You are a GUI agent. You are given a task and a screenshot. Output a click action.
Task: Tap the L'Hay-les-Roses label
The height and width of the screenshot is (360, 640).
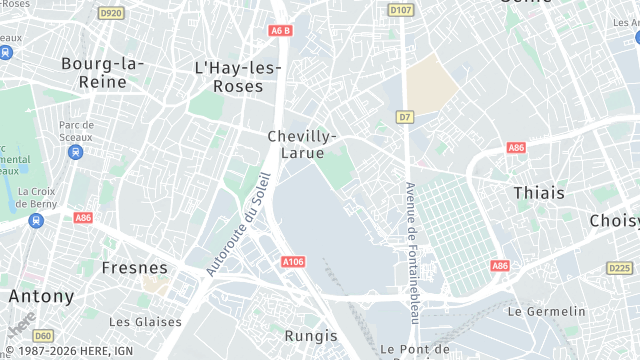237,77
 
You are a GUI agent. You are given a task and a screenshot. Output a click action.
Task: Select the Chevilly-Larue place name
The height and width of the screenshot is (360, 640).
302,144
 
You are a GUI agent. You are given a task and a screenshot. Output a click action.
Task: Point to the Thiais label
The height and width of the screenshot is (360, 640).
538,192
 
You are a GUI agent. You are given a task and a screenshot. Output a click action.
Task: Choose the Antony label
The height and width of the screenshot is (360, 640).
41,296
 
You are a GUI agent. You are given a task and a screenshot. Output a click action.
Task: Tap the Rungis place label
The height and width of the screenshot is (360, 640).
311,335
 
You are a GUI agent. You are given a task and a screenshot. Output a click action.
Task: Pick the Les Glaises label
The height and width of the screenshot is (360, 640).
146,322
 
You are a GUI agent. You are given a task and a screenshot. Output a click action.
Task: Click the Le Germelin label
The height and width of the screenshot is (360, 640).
545,311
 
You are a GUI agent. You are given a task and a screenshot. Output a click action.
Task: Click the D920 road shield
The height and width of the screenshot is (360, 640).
111,13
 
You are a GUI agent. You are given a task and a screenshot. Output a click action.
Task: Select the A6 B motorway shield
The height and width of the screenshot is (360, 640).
280,30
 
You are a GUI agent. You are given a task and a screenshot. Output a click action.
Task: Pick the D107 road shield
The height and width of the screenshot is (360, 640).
401,10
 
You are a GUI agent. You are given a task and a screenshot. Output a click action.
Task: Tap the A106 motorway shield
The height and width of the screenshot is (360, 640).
293,262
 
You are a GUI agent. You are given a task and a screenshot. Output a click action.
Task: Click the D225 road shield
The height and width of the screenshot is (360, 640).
620,268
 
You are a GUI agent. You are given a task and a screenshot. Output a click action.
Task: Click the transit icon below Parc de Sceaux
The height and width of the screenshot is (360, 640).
75,152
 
